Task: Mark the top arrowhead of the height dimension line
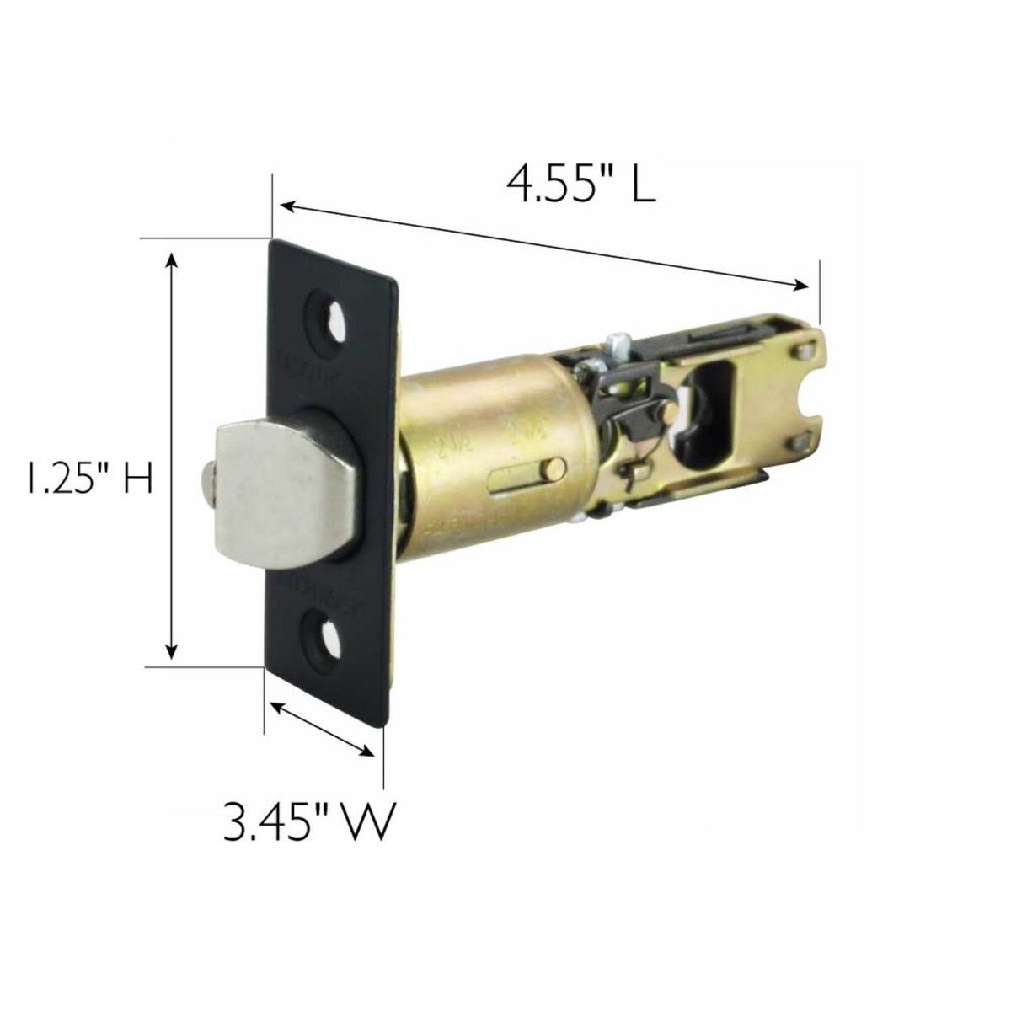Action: point(172,258)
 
